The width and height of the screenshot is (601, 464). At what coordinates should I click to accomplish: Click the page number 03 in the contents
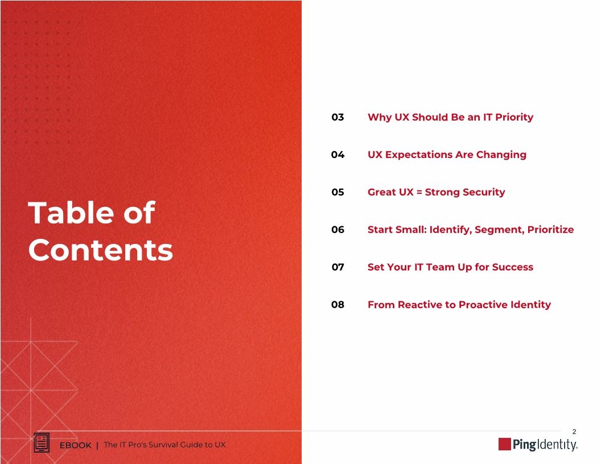337,117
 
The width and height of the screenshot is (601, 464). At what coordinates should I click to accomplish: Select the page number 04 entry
337,155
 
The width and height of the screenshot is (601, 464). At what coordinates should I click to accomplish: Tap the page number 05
337,192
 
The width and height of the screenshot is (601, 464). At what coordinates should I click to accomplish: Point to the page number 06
337,230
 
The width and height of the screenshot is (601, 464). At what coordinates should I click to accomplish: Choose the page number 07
337,267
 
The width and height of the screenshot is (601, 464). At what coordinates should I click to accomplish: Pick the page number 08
337,305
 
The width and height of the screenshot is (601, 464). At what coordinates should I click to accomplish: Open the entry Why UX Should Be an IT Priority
450,117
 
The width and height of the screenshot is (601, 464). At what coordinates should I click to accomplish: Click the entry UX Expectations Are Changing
447,155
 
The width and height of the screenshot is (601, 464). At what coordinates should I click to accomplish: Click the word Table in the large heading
67,213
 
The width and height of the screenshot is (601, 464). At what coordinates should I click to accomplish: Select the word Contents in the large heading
100,250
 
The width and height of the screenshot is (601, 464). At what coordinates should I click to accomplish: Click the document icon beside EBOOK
42,444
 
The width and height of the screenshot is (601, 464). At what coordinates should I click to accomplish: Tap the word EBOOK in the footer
76,445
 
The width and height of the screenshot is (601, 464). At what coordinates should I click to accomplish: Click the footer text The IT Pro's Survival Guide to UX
164,445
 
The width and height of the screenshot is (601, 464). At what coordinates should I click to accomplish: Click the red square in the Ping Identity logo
504,444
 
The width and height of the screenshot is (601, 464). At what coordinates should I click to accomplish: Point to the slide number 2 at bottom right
574,432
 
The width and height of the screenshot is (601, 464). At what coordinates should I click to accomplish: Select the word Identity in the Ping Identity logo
556,445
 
